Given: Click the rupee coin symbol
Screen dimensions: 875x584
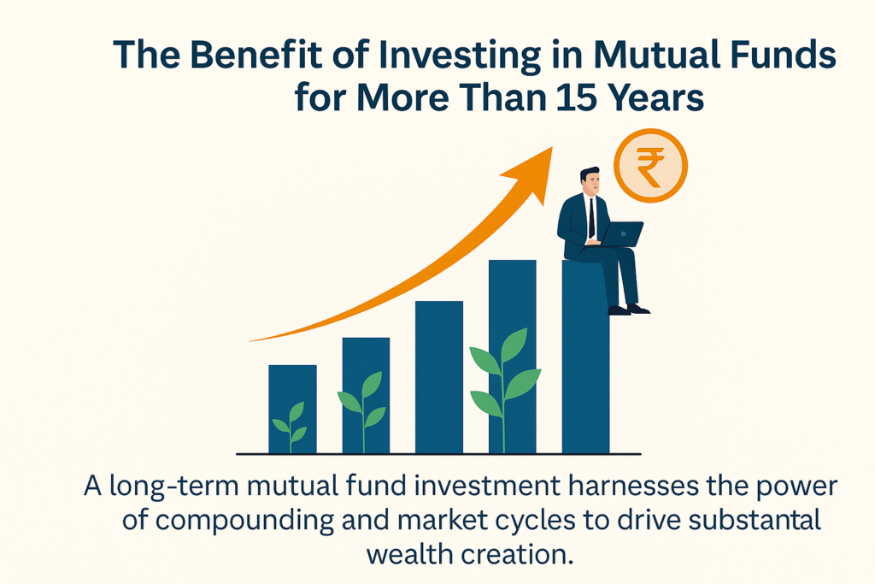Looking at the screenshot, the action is coord(650,165).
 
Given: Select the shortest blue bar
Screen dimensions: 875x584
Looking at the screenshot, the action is coord(292,410).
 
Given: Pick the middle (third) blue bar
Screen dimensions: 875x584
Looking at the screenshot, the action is coord(439,377).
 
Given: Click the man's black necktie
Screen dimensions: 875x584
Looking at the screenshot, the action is coord(591,218).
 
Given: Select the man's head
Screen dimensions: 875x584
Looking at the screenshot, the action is coord(590,180).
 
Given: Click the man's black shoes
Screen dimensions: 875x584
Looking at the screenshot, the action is coord(629,310).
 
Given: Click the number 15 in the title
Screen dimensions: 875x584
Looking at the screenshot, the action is coord(578,97).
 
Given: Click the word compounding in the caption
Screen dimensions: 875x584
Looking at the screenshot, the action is coord(244,522).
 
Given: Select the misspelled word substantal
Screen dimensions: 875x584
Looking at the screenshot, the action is coord(755,520).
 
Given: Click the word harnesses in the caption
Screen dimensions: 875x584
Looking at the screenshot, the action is coord(634,487).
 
